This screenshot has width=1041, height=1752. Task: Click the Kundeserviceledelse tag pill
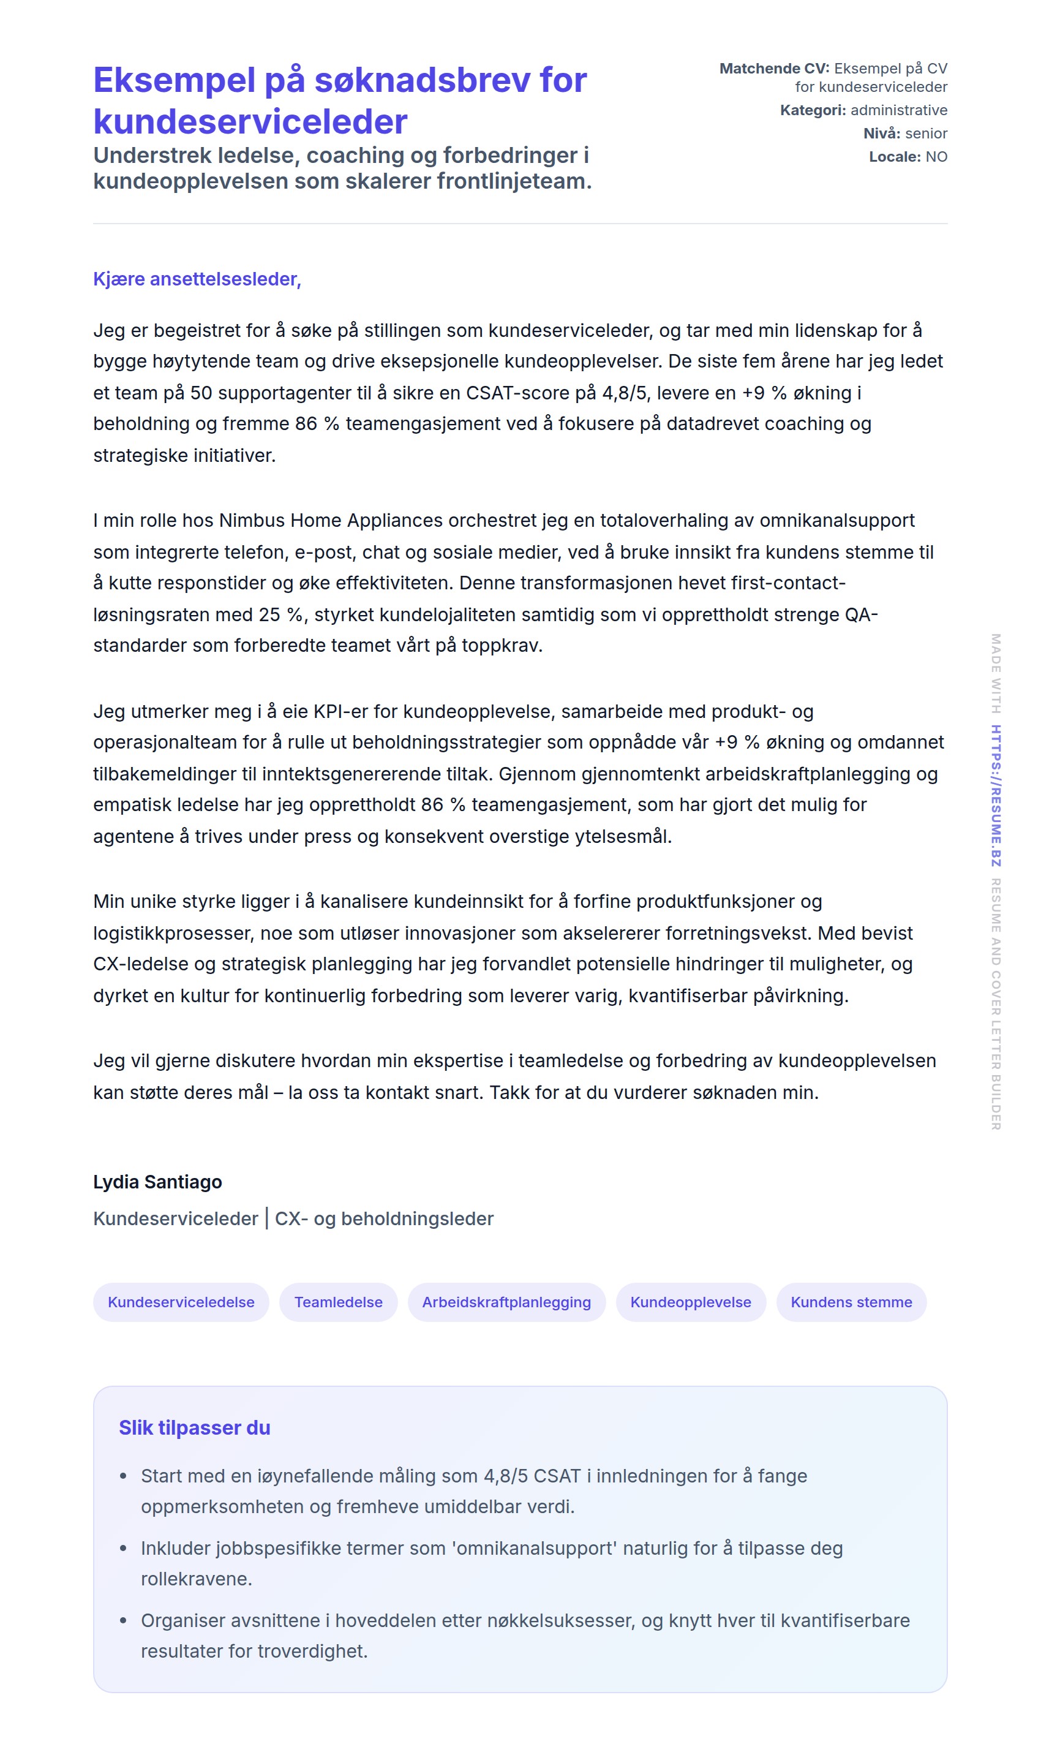pyautogui.click(x=181, y=1302)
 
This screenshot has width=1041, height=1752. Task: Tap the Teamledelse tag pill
pyautogui.click(x=338, y=1302)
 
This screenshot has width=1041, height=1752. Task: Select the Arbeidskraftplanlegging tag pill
pyautogui.click(x=506, y=1302)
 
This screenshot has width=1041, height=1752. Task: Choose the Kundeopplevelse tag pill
pyautogui.click(x=690, y=1302)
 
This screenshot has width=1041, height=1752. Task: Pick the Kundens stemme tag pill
pyautogui.click(x=851, y=1302)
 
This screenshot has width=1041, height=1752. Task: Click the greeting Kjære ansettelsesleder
pyautogui.click(x=197, y=279)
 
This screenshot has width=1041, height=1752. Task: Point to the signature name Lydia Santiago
pyautogui.click(x=158, y=1182)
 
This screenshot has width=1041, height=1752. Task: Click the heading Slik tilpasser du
pyautogui.click(x=194, y=1427)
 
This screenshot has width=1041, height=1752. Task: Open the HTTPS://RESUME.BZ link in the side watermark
pyautogui.click(x=996, y=795)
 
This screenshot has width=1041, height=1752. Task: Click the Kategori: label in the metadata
pyautogui.click(x=813, y=110)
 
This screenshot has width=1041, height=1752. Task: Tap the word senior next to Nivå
pyautogui.click(x=926, y=134)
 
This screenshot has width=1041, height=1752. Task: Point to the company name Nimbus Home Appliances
pyautogui.click(x=331, y=520)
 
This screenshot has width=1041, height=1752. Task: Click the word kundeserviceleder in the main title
pyautogui.click(x=250, y=122)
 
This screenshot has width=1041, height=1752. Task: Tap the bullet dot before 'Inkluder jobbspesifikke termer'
pyautogui.click(x=124, y=1548)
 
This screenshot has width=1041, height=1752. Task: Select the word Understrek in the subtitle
pyautogui.click(x=143, y=155)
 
